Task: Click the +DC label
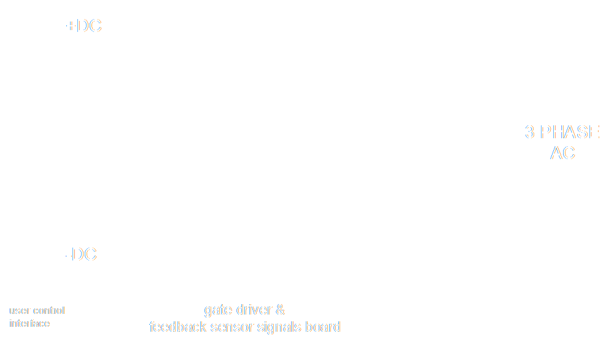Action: tap(84, 26)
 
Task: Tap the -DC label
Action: tap(81, 255)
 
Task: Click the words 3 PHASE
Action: tap(562, 132)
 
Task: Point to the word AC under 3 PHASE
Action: tap(562, 153)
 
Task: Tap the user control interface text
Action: tap(37, 317)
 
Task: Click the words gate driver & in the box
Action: tap(244, 308)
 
